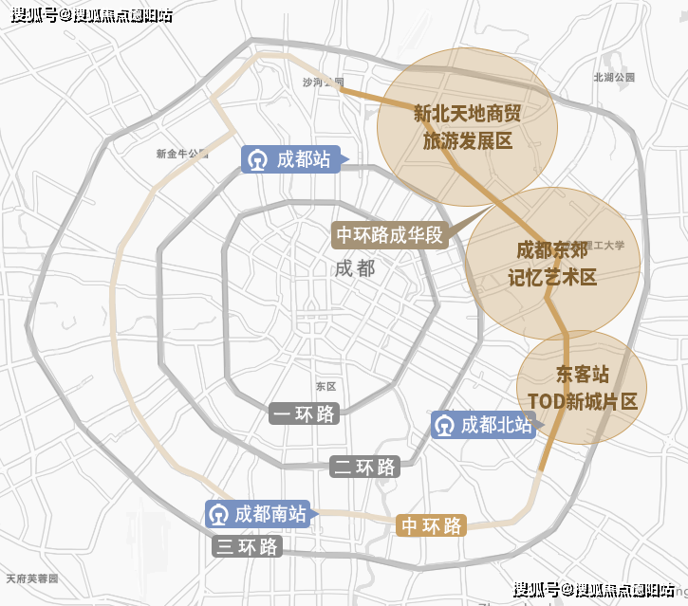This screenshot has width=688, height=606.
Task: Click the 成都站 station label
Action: coord(303,159)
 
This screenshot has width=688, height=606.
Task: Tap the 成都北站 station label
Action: coord(496,426)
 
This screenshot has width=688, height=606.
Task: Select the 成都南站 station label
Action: coord(270,514)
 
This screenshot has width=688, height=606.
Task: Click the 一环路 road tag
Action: coord(303,413)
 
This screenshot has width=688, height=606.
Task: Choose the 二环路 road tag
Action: coord(363,467)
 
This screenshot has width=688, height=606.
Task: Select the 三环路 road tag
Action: coord(247,547)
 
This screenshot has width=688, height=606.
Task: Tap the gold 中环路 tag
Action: coord(432,525)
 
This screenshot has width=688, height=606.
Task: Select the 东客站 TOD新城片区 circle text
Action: coord(582,387)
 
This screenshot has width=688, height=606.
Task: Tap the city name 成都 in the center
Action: coord(355,267)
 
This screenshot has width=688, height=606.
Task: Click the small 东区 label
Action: coord(325,386)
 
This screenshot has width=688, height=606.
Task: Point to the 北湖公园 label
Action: coord(613,77)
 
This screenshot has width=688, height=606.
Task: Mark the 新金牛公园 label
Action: coord(181,153)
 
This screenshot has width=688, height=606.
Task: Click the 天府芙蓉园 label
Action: coord(31,578)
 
